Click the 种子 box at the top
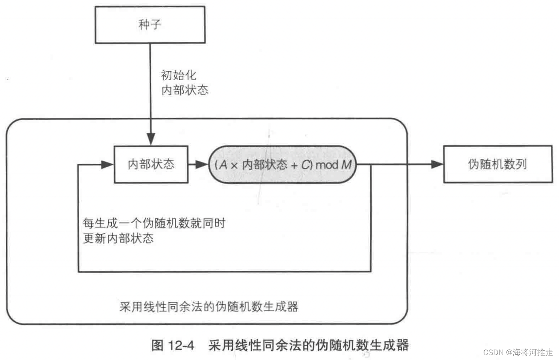[x=150, y=24]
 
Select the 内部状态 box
[x=151, y=165]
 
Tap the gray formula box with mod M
[x=283, y=165]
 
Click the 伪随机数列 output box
[x=497, y=165]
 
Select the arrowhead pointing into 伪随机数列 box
[x=438, y=165]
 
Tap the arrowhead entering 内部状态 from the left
[x=108, y=165]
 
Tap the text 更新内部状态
[x=118, y=238]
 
